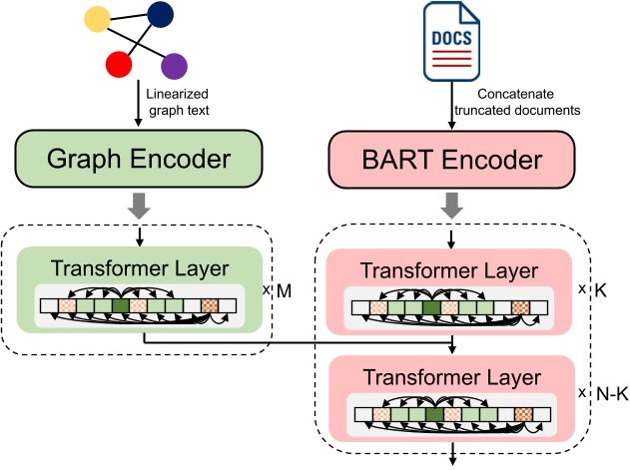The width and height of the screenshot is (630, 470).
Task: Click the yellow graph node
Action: [98, 19]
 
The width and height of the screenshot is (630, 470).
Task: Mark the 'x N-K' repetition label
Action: [596, 393]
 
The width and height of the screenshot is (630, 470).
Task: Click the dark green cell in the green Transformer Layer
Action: [121, 306]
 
